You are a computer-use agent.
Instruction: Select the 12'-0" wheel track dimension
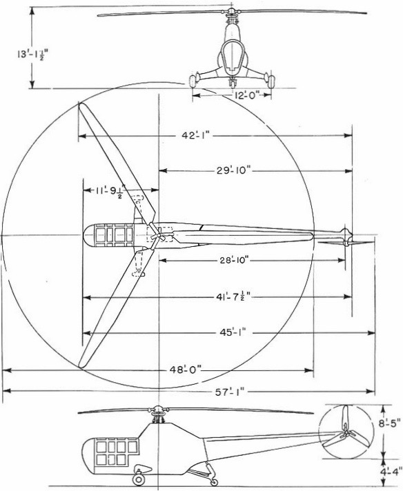(247, 95)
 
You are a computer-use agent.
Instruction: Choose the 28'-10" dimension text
(232, 260)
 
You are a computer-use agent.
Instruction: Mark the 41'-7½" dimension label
(231, 297)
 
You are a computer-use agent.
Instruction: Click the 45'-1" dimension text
(232, 332)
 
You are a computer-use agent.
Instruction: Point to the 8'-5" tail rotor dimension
(389, 424)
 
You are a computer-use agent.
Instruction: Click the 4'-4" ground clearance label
(390, 471)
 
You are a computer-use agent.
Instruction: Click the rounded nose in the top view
(88, 235)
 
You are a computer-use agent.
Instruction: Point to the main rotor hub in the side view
(157, 410)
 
